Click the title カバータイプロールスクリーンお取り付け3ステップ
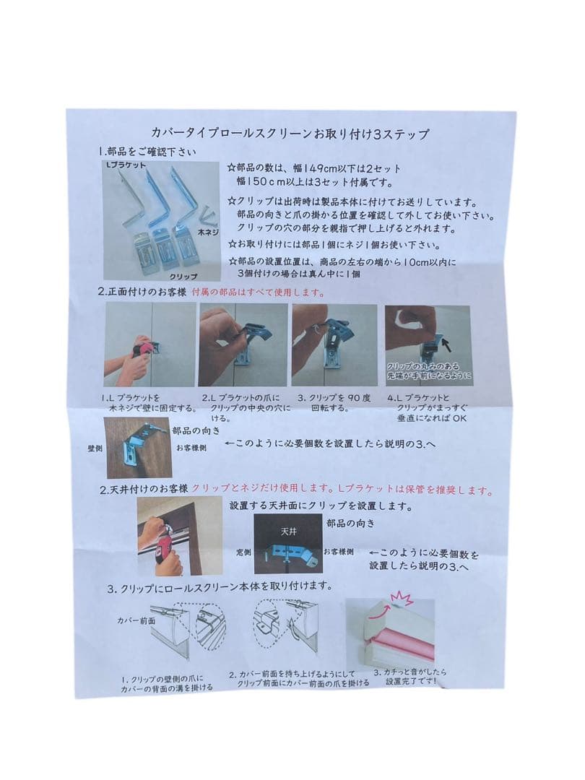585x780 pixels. pyautogui.click(x=290, y=134)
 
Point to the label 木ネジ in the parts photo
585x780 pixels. pyautogui.click(x=209, y=234)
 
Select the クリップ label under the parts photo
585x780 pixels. pyautogui.click(x=183, y=276)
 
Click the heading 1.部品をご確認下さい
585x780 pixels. pyautogui.click(x=147, y=152)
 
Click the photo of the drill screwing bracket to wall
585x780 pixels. pyautogui.click(x=150, y=344)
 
